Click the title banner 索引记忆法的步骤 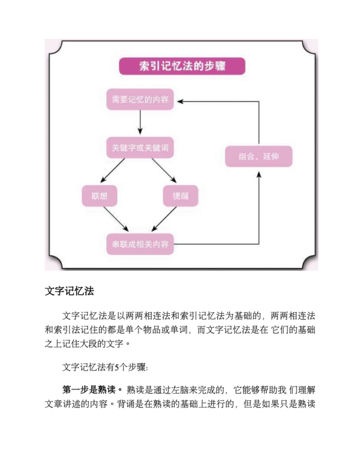tap(181, 66)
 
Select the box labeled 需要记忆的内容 tap(140, 99)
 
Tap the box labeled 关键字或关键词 tap(140, 148)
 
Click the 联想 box tap(100, 196)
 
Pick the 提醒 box tap(181, 196)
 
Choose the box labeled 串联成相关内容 tap(140, 244)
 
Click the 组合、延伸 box tap(258, 157)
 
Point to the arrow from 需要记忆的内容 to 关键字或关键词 tap(140, 123)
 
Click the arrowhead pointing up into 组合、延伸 tap(259, 173)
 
